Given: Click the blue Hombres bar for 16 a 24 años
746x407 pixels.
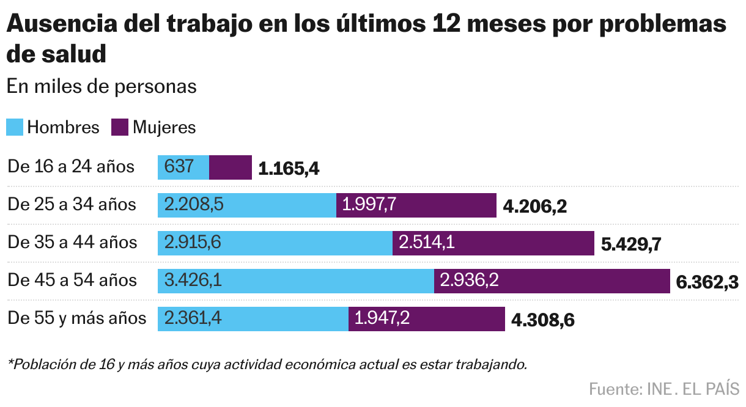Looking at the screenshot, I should [x=183, y=167].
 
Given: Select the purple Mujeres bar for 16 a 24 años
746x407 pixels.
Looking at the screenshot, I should [x=231, y=167].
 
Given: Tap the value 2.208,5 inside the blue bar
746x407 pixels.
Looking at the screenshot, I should [x=194, y=205].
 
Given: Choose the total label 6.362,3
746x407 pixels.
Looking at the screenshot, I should [x=706, y=282].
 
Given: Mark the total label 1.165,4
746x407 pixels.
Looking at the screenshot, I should [x=289, y=169].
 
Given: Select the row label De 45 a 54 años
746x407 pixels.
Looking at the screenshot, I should [x=72, y=280].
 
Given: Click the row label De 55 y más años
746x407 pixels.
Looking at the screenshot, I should [x=77, y=318].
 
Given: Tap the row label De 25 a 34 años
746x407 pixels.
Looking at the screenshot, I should [x=72, y=204].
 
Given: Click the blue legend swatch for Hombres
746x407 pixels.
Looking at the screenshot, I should [x=15, y=127].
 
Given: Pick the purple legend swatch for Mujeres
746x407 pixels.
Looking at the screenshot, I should [x=120, y=127].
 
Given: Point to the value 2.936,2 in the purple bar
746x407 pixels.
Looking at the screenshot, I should [x=470, y=280].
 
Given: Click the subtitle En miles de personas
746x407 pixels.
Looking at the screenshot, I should [x=102, y=86].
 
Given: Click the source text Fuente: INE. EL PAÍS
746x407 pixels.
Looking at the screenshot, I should [x=664, y=389].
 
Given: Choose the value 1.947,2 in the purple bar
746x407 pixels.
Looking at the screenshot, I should [x=383, y=318].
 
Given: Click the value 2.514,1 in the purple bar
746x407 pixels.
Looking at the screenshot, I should [x=427, y=243].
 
